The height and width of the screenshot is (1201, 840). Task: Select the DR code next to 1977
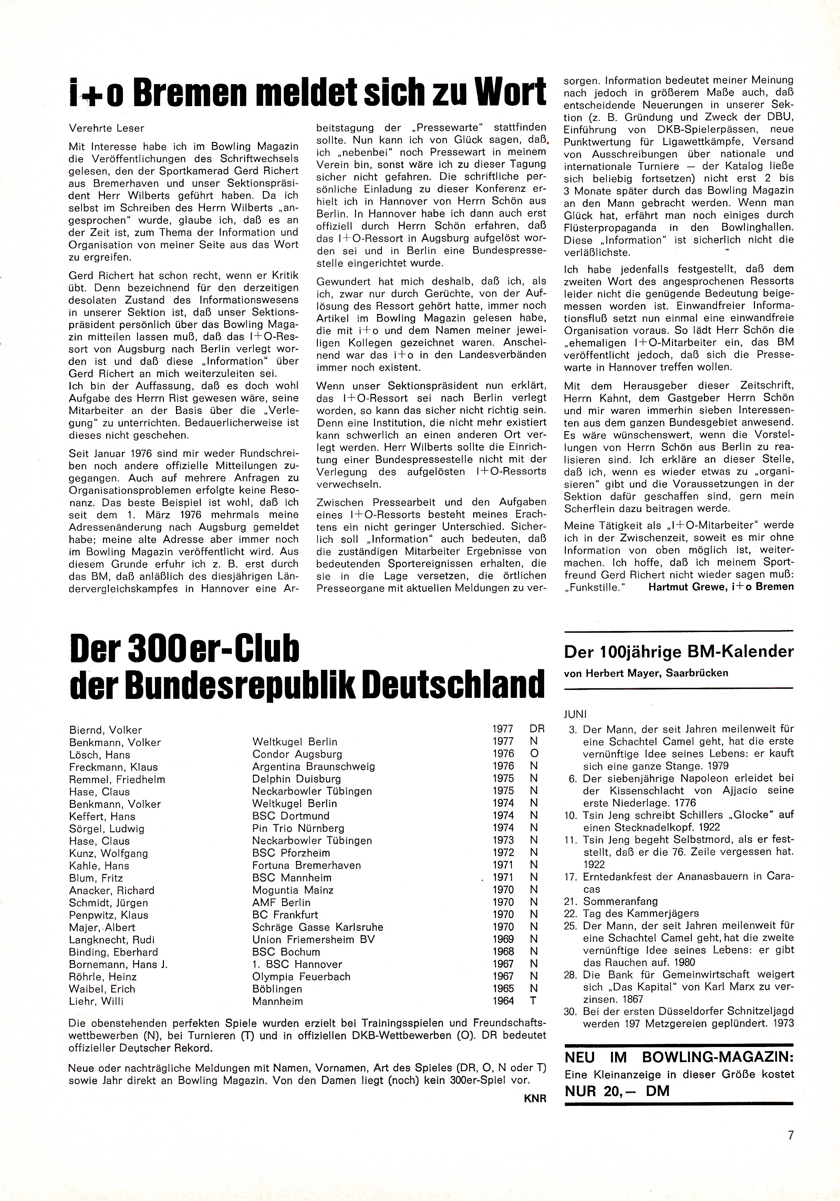(x=537, y=729)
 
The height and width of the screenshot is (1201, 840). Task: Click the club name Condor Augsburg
(x=297, y=754)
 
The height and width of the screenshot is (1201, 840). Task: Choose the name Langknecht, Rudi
(x=112, y=939)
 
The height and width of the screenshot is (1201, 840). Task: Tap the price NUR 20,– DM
(x=617, y=1091)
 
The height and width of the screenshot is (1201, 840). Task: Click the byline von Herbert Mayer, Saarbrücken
(x=646, y=673)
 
